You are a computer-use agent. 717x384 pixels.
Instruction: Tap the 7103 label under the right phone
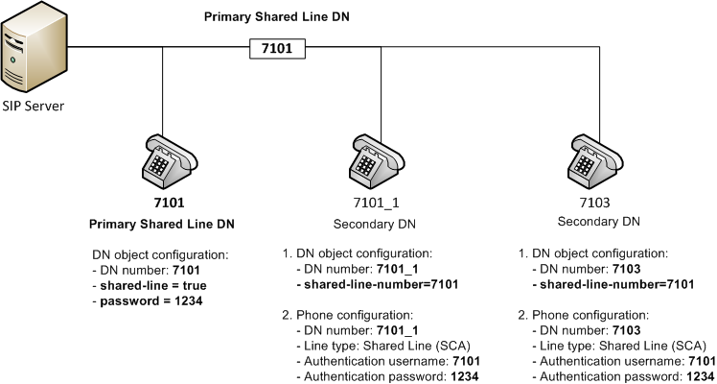(x=599, y=204)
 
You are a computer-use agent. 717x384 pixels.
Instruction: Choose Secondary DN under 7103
(x=599, y=223)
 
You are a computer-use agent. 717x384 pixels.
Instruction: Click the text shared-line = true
(x=151, y=285)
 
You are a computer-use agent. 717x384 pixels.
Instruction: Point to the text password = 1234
(x=150, y=300)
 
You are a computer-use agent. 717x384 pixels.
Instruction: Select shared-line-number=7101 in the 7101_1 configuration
(x=384, y=285)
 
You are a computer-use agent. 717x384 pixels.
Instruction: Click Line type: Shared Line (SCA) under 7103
(x=601, y=346)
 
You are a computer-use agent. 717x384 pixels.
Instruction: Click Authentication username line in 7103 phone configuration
(x=609, y=361)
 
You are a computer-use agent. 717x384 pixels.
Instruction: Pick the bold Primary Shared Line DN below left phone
(x=163, y=225)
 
